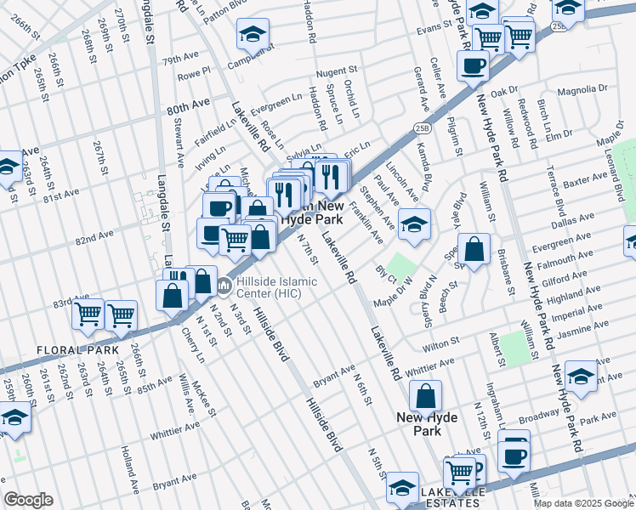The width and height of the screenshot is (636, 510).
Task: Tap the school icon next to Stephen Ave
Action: [414, 224]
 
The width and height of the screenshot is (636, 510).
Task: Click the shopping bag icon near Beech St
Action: [474, 249]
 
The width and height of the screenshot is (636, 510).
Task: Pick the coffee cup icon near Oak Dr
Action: [473, 65]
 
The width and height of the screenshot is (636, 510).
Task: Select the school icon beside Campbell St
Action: [252, 35]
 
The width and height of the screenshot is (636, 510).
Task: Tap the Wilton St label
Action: [441, 342]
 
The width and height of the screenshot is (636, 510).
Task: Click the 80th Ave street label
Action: [188, 106]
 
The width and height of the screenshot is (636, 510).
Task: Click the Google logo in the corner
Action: [28, 500]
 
